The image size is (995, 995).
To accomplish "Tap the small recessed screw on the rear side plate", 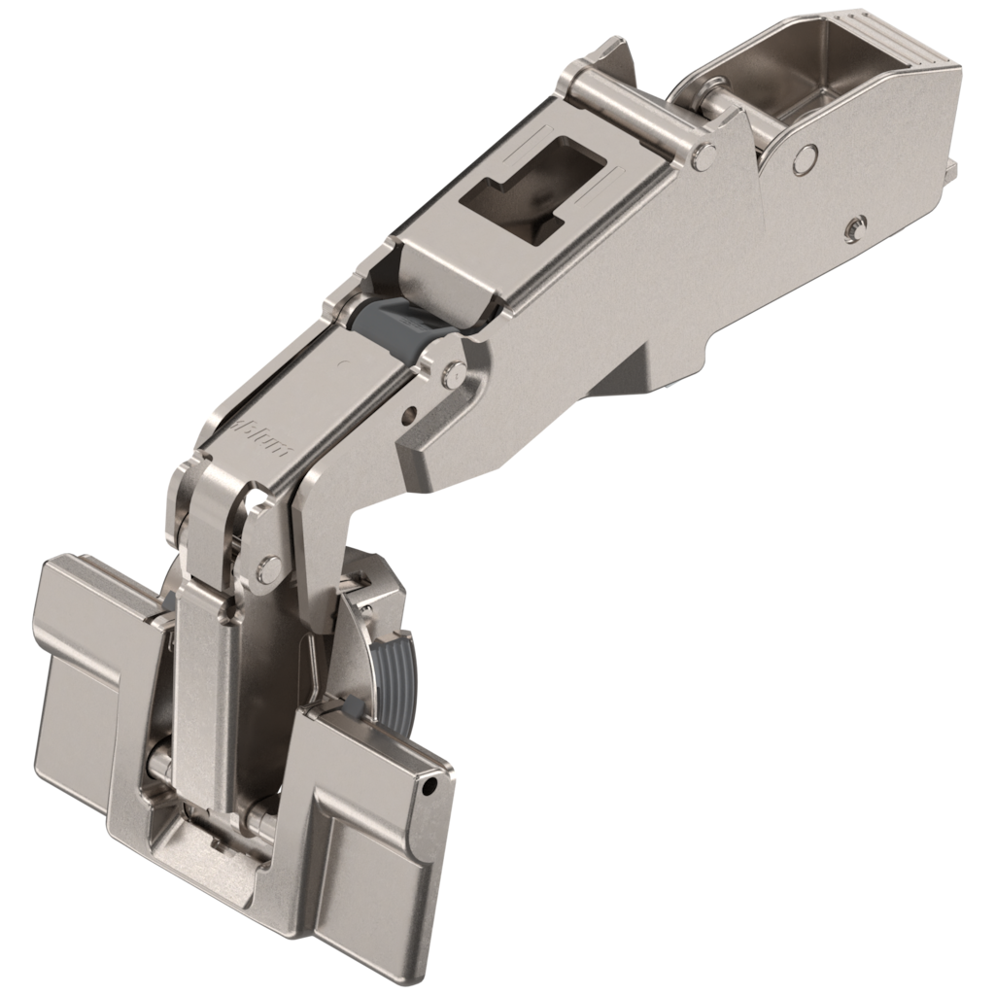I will (853, 225).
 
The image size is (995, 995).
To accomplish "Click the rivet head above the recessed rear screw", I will (804, 156).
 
